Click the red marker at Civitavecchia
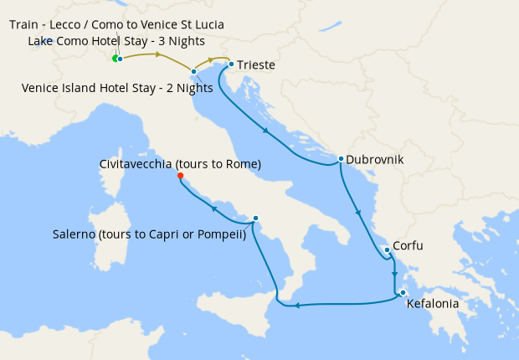[180, 176]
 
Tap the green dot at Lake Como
[116, 59]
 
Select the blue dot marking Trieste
[231, 64]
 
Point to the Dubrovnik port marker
[341, 158]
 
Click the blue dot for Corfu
[387, 249]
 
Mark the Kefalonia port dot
[403, 292]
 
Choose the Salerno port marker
[255, 219]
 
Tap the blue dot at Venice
[193, 72]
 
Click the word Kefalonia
[432, 305]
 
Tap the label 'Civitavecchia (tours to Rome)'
[180, 164]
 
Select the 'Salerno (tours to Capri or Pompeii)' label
[147, 234]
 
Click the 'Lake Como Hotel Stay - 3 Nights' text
[116, 41]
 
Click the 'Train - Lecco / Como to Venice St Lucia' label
[116, 24]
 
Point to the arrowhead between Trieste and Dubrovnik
[266, 131]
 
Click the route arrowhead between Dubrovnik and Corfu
[358, 213]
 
